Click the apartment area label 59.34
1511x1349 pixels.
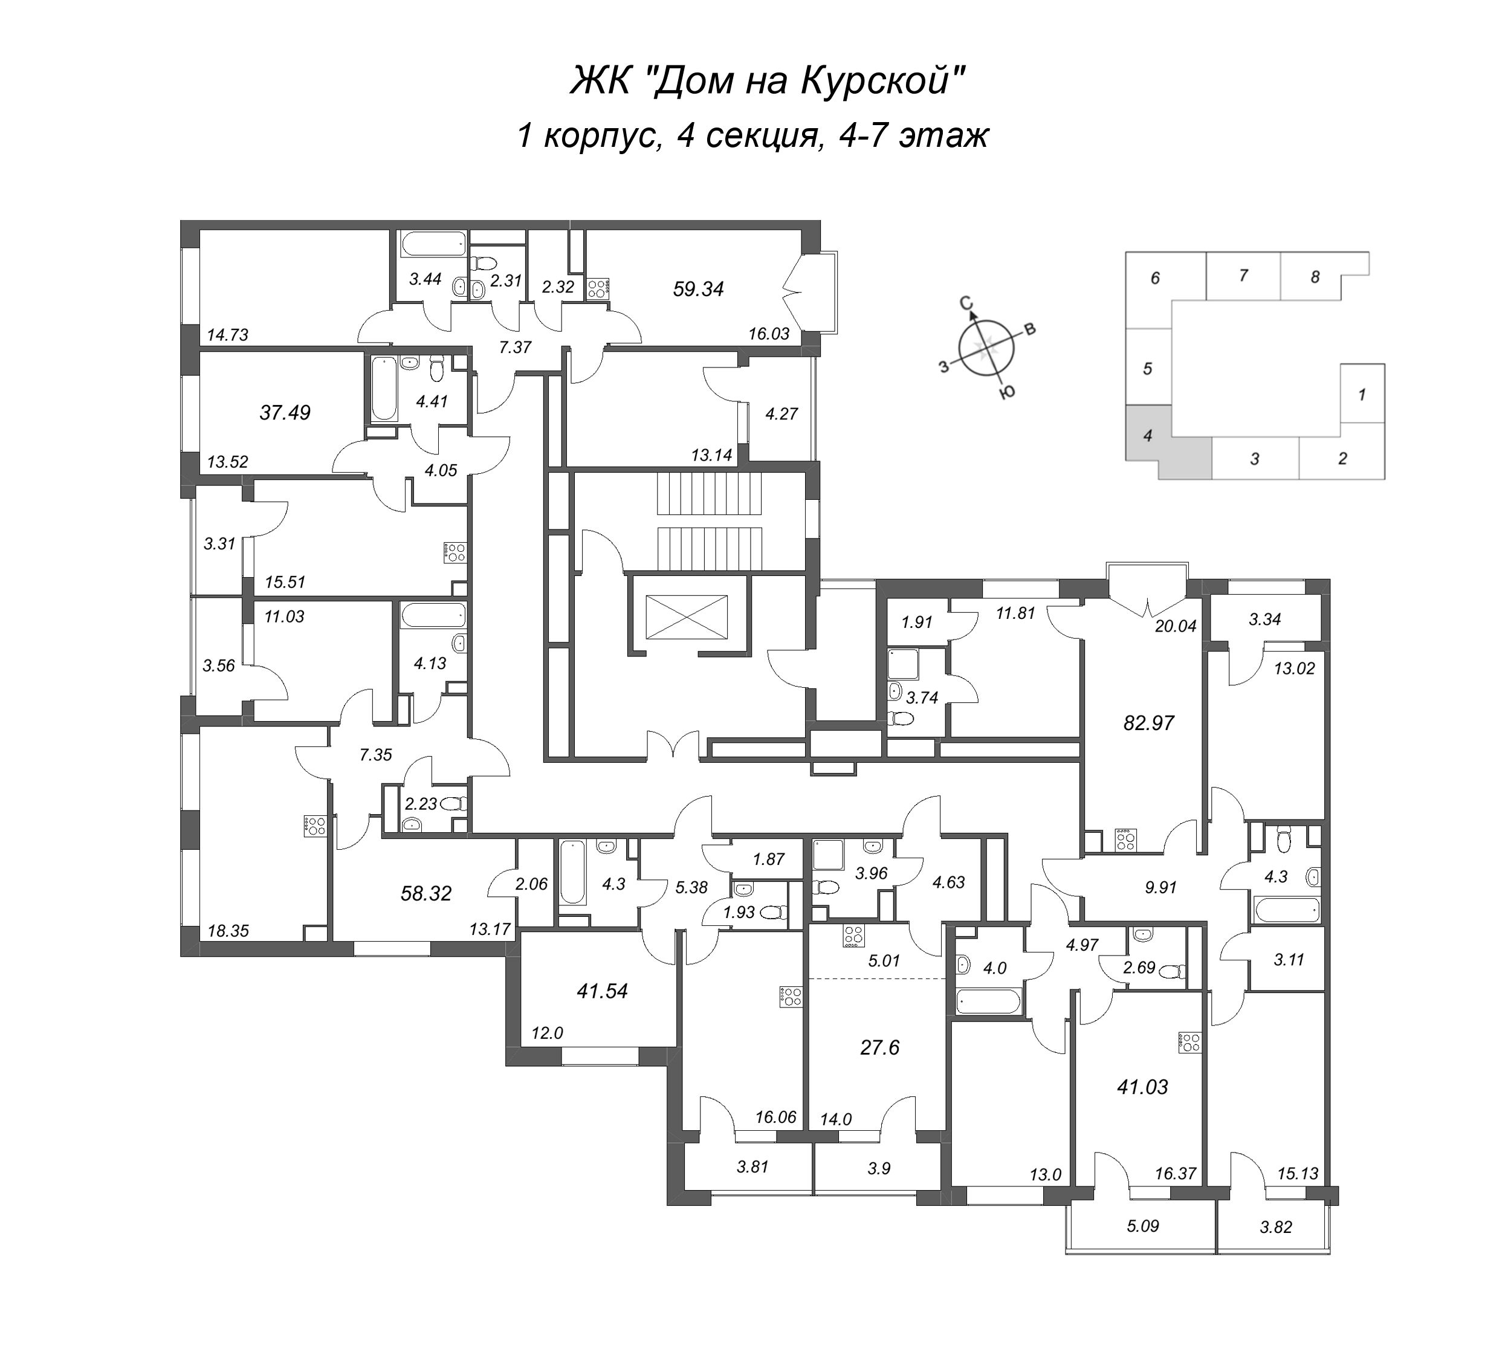(697, 289)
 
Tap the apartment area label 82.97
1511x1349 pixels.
(1148, 723)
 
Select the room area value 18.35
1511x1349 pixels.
(228, 931)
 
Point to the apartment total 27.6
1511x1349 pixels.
(879, 1047)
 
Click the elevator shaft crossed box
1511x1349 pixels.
(687, 616)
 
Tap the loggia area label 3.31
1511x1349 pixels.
(219, 543)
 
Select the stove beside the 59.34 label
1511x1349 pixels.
(597, 288)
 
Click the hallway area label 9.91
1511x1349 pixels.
(1160, 887)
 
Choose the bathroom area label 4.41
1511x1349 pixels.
(432, 402)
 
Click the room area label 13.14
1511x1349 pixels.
(711, 455)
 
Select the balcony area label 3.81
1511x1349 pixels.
(753, 1166)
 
